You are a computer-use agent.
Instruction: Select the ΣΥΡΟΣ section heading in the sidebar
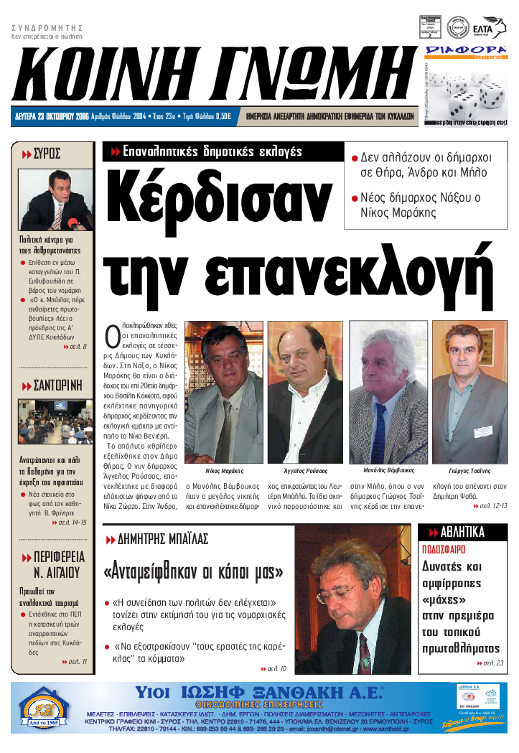tap(47, 153)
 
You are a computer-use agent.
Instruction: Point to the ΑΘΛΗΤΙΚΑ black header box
tap(462, 532)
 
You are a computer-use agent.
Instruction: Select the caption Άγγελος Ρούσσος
tap(304, 471)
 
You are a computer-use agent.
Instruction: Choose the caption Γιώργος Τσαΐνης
tap(469, 471)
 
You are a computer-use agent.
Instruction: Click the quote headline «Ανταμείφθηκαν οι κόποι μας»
tap(194, 572)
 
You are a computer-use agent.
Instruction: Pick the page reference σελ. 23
tap(492, 663)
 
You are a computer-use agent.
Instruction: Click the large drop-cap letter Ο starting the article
tap(112, 336)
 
